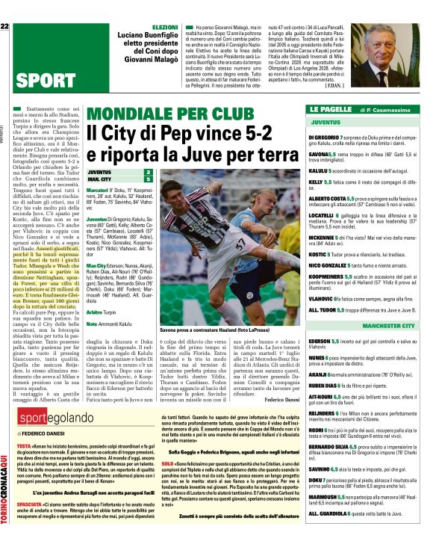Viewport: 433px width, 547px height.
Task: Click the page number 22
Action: [4, 26]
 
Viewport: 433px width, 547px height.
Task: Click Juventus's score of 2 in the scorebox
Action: [148, 173]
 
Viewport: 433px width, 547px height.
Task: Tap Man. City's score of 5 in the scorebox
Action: [148, 179]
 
